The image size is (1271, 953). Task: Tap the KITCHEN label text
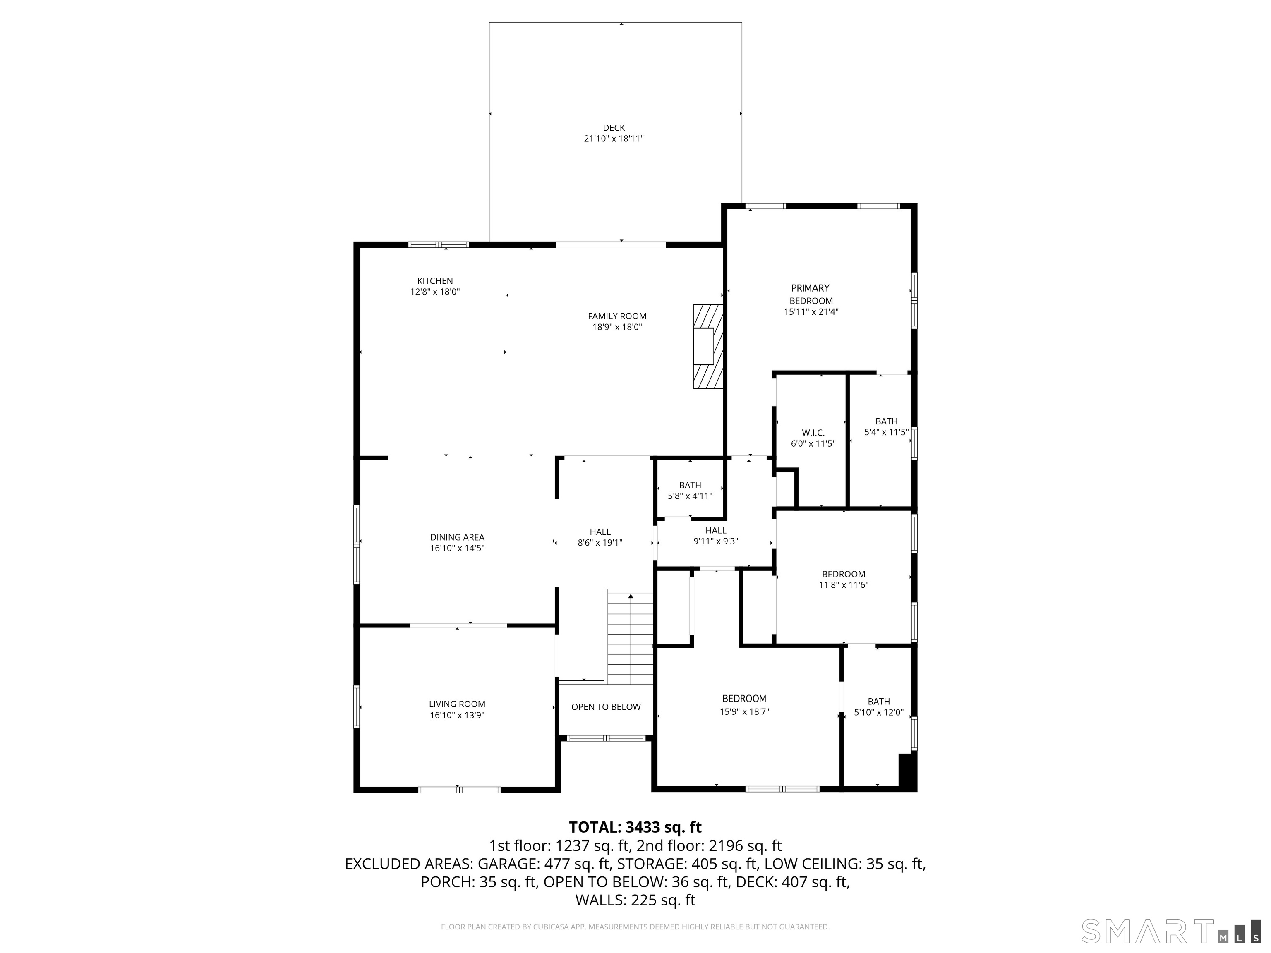(435, 281)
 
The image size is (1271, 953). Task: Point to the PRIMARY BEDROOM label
(810, 294)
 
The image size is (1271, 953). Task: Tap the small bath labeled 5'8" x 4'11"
(690, 491)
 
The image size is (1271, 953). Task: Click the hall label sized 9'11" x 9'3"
(715, 535)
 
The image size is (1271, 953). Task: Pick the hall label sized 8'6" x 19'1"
(600, 537)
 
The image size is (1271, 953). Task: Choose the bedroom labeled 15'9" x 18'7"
(744, 705)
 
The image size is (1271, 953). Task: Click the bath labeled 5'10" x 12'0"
(878, 706)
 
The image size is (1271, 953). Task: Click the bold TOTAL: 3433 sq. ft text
(635, 827)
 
